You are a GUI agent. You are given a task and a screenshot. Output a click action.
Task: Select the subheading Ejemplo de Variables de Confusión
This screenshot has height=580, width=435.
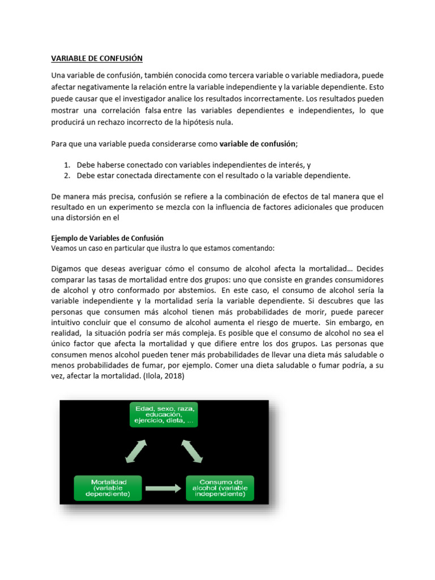click(x=107, y=238)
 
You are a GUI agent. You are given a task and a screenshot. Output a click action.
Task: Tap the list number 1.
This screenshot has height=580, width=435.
click(x=66, y=165)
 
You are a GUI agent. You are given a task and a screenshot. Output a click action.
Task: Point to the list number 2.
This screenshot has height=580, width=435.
click(x=66, y=176)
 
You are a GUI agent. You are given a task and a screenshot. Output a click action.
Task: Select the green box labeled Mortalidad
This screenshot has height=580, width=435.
click(x=109, y=488)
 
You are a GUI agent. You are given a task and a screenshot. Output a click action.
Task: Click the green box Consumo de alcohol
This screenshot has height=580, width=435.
click(x=220, y=488)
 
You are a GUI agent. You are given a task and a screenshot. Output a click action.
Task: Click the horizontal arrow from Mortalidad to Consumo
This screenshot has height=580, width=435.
click(x=165, y=487)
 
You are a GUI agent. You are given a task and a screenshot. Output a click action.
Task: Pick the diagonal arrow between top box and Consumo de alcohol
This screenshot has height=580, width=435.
click(x=193, y=451)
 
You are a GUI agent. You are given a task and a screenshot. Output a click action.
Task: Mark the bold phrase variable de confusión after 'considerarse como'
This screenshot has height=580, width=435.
click(x=258, y=144)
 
